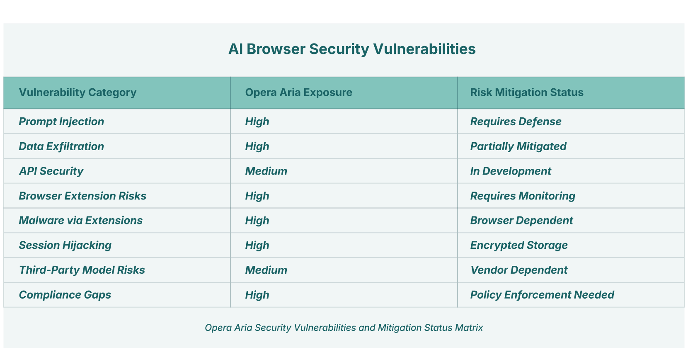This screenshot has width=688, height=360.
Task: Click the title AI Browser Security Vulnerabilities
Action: tap(352, 49)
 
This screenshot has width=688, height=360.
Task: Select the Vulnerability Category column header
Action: tap(78, 92)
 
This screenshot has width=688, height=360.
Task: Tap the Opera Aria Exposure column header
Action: tap(298, 92)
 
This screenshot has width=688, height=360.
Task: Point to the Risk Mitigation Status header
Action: tap(527, 92)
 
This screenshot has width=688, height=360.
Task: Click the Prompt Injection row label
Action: tap(61, 122)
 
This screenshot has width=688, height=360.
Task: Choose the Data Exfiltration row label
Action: tap(61, 146)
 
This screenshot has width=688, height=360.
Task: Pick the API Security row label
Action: tap(51, 171)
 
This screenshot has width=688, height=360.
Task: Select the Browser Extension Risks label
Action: tap(82, 196)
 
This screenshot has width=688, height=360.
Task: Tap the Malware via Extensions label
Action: tap(81, 220)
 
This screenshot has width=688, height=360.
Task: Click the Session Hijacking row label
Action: tap(65, 246)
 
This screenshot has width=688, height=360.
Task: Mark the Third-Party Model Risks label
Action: tap(82, 270)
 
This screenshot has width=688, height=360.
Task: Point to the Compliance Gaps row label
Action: tap(65, 295)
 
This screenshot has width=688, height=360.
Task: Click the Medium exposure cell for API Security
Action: tap(266, 171)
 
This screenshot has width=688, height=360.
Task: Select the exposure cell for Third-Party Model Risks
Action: tap(266, 270)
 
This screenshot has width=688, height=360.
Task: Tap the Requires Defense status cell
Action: tap(516, 122)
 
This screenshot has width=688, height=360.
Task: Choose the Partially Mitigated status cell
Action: tap(518, 146)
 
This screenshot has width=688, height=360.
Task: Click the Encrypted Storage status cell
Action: tap(519, 246)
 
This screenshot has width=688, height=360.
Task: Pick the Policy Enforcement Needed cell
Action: tap(542, 295)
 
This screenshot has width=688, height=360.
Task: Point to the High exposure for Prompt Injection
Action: tap(257, 122)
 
